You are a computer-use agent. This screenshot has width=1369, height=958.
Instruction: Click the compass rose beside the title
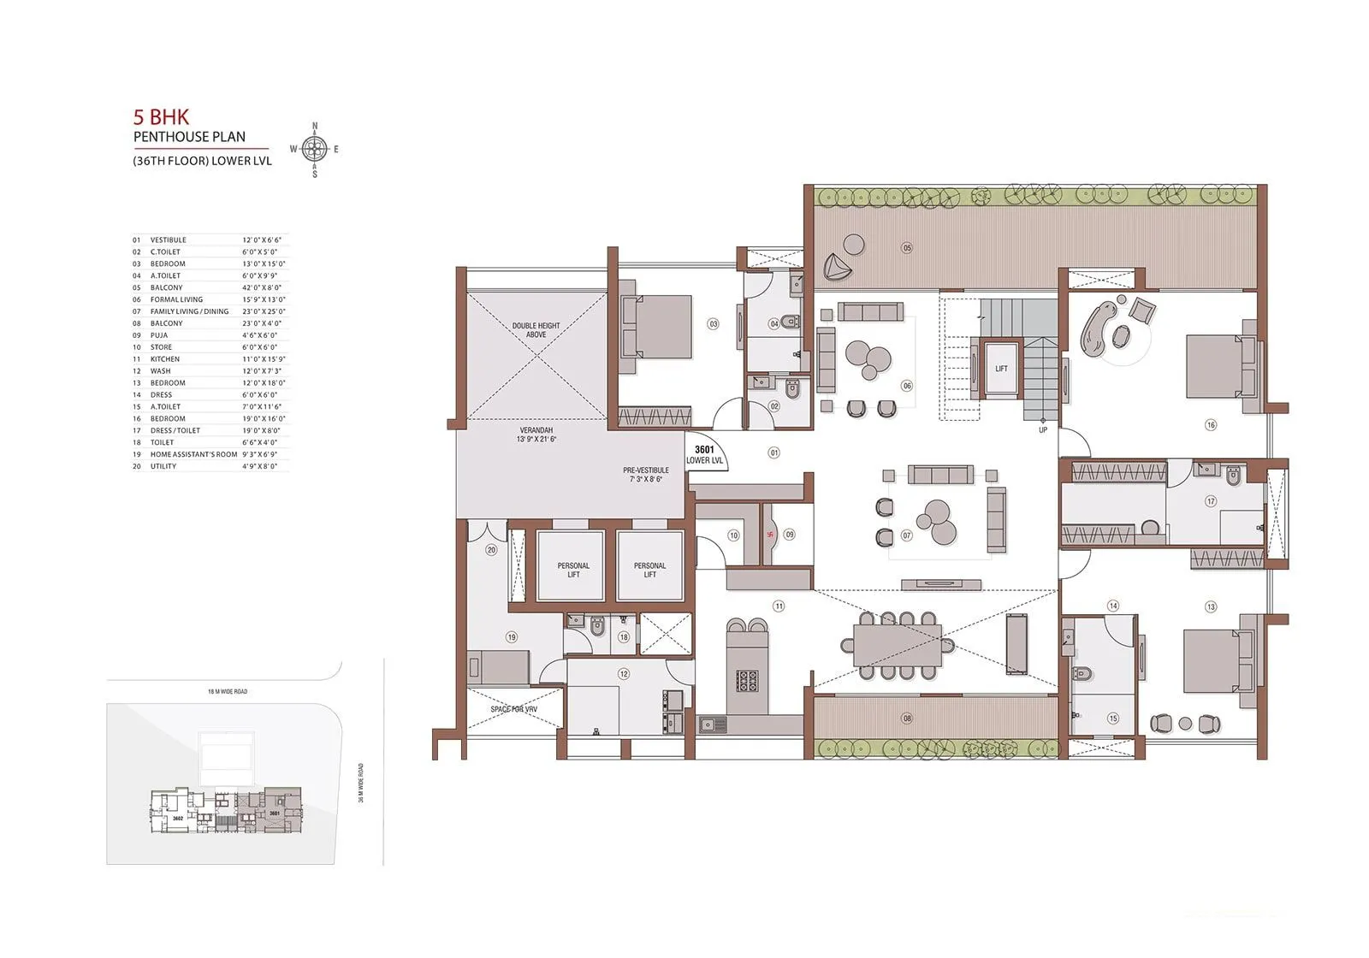pyautogui.click(x=315, y=150)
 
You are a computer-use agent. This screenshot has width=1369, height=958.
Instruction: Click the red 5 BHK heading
pyautogui.click(x=161, y=117)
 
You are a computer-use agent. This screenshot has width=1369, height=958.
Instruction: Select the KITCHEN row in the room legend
pyautogui.click(x=165, y=359)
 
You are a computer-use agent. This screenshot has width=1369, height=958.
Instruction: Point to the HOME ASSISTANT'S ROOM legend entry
pyautogui.click(x=193, y=454)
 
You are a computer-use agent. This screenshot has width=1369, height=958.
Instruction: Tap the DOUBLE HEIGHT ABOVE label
pyautogui.click(x=536, y=330)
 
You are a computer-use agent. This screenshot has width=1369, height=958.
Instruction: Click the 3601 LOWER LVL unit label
pyautogui.click(x=704, y=455)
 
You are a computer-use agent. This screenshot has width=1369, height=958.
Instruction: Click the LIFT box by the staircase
pyautogui.click(x=1001, y=369)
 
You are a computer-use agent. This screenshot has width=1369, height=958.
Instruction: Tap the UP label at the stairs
pyautogui.click(x=1042, y=430)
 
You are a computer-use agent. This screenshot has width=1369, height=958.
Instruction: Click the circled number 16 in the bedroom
pyautogui.click(x=1210, y=425)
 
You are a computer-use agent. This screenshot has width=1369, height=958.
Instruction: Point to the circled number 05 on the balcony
pyautogui.click(x=907, y=248)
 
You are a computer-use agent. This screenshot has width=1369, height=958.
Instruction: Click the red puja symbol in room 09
pyautogui.click(x=770, y=535)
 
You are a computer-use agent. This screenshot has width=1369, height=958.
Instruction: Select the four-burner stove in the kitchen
pyautogui.click(x=748, y=681)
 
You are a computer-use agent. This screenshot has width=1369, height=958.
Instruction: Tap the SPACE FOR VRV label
pyautogui.click(x=513, y=710)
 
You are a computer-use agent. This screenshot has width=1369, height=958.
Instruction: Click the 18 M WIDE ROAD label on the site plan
pyautogui.click(x=228, y=691)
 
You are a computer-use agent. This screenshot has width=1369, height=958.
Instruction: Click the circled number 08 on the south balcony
pyautogui.click(x=907, y=719)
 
